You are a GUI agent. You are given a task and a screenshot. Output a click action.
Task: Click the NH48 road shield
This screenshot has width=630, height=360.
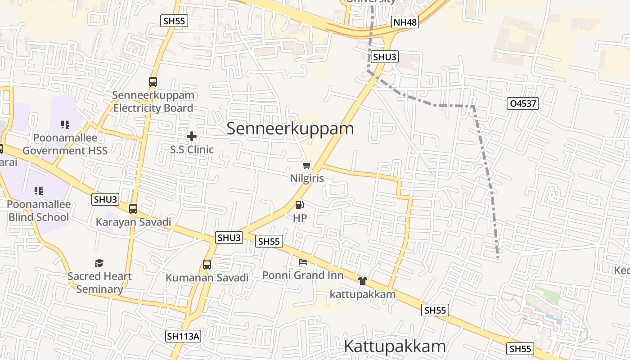[x=405, y=22]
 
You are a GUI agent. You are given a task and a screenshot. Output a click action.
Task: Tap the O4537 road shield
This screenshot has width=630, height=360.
[x=522, y=103]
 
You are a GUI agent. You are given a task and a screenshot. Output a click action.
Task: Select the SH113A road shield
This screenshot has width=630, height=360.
[x=183, y=336]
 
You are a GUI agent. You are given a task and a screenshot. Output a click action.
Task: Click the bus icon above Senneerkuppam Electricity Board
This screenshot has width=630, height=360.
[x=153, y=82]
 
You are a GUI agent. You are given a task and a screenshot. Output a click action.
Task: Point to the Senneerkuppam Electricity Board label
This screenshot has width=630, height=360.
[x=153, y=102]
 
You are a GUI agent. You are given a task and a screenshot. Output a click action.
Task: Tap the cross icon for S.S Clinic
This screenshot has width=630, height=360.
[x=192, y=136]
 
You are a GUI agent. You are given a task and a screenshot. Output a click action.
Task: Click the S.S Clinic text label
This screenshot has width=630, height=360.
[x=192, y=149]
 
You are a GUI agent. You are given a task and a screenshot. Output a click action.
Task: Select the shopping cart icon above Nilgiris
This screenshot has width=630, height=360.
[x=307, y=166]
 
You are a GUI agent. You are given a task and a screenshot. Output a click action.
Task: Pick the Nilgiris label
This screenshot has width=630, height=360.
[x=307, y=178]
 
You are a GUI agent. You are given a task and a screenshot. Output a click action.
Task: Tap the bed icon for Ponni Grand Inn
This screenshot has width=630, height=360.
[x=303, y=261]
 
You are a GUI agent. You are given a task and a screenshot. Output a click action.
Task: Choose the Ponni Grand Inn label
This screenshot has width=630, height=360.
[x=303, y=275]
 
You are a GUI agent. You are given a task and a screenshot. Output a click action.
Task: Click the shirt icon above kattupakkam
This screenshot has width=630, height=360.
[x=363, y=281]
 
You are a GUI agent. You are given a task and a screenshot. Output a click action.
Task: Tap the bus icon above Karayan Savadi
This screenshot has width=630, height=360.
[x=133, y=209]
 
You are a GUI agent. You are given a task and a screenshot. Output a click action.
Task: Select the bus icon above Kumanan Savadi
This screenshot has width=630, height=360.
[x=207, y=265]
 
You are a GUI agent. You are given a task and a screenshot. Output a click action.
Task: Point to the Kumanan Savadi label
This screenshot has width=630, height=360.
[x=207, y=278]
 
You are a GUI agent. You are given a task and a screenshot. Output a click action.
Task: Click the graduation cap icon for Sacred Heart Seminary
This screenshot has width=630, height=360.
[x=99, y=263]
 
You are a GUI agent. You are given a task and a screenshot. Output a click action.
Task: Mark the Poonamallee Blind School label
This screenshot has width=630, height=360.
[x=39, y=211]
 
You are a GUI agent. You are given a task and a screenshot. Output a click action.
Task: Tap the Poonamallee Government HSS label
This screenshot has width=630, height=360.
[x=65, y=144]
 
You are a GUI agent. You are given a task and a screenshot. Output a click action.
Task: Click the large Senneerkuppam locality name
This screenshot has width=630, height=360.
[x=290, y=128]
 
